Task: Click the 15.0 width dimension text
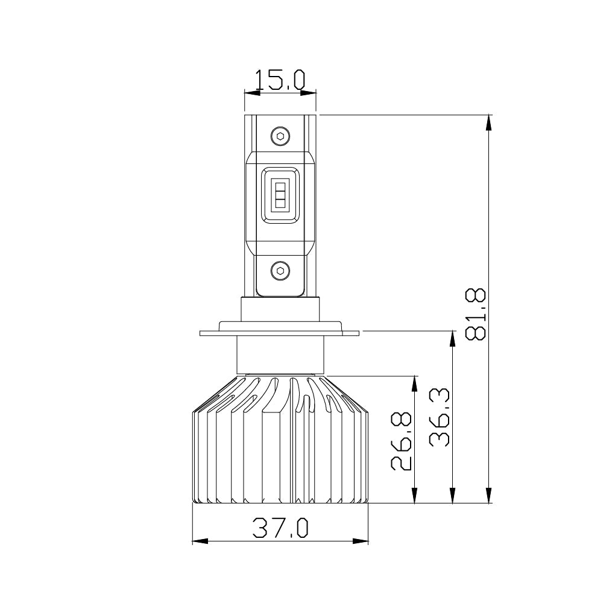(x=280, y=80)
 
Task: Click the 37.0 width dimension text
(x=280, y=528)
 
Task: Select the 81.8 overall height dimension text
(x=476, y=314)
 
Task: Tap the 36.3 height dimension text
(x=440, y=417)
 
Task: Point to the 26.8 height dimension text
(x=402, y=441)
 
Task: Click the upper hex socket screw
(x=280, y=136)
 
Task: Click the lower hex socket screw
(x=280, y=270)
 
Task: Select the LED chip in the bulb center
(x=280, y=195)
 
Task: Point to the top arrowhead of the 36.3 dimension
(x=452, y=338)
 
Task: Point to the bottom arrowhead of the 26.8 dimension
(x=414, y=496)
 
